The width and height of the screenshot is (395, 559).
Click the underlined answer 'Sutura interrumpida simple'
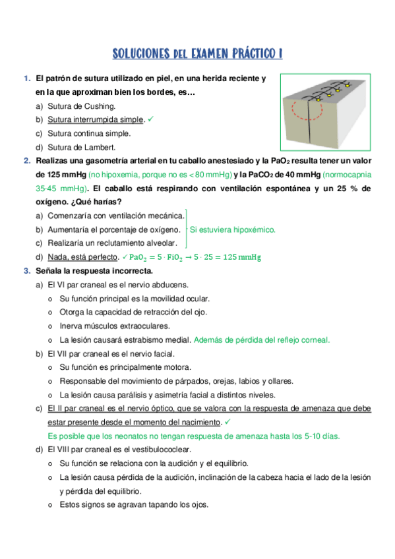point(95,119)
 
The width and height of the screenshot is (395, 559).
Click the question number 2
point(26,161)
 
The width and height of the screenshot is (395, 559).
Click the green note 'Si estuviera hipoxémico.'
point(232,229)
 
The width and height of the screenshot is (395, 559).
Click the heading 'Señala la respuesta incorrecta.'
point(94,271)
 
